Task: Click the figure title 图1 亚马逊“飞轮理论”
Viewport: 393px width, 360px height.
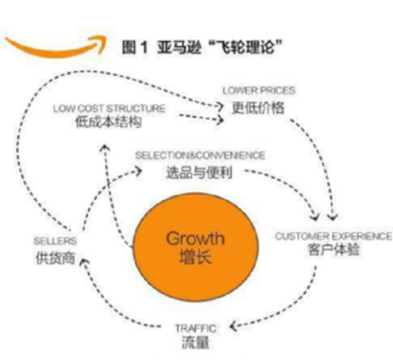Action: pos(202,47)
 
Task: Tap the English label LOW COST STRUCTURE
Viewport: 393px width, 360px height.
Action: pos(109,109)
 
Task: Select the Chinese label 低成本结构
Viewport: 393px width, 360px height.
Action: pos(109,122)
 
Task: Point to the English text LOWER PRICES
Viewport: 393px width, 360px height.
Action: pos(259,91)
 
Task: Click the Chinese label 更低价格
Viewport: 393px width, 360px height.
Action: pos(258,107)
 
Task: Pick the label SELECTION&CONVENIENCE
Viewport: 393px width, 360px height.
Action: pos(200,156)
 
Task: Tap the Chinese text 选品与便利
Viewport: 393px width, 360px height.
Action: pos(199,172)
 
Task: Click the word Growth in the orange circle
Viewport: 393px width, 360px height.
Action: pos(195,238)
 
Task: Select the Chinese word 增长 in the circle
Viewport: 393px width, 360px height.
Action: pos(195,257)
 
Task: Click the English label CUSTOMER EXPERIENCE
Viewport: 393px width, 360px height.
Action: pos(333,236)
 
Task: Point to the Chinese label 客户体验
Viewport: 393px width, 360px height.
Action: pos(333,250)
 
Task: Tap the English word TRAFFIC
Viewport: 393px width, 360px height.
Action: pos(195,329)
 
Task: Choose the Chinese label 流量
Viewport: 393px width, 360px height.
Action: pos(195,343)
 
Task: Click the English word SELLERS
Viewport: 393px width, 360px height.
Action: pos(55,241)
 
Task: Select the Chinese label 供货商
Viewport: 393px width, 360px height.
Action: pos(56,258)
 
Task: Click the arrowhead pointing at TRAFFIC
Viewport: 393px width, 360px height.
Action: pos(233,327)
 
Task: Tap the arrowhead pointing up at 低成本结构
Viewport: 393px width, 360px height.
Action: pos(106,148)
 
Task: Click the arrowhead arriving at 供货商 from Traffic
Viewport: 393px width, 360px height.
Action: pos(84,262)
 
